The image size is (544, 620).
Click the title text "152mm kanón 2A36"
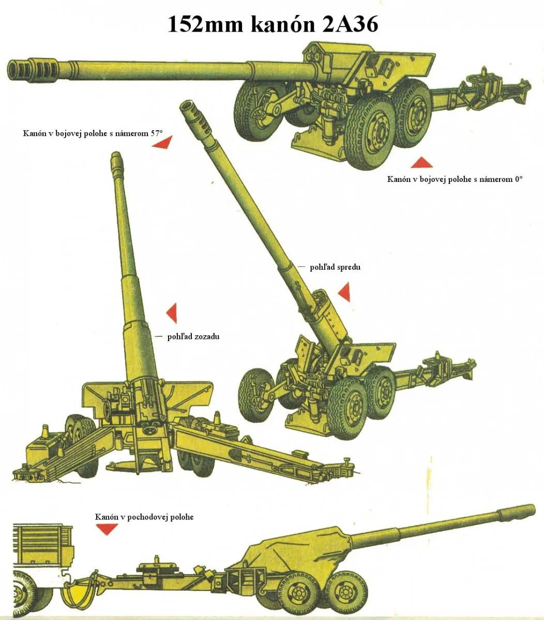(273, 24)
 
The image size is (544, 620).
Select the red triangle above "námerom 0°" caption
(421, 163)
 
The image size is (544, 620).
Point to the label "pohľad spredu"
(335, 267)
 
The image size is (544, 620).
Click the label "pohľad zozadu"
(193, 336)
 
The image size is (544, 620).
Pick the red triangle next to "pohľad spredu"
(345, 292)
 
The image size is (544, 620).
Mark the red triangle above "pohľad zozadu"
(172, 313)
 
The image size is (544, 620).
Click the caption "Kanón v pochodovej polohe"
(144, 517)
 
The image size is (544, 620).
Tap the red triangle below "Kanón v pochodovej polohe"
(108, 529)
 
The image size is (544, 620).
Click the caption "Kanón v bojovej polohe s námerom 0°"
(455, 179)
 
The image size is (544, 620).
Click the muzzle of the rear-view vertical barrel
(116, 158)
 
